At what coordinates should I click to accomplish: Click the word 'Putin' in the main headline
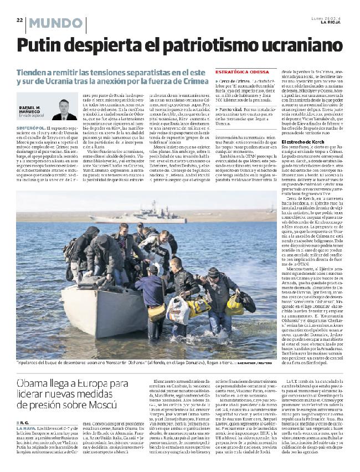[43, 45]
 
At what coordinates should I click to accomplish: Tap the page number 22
[19, 19]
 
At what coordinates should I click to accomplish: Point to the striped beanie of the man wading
[213, 272]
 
